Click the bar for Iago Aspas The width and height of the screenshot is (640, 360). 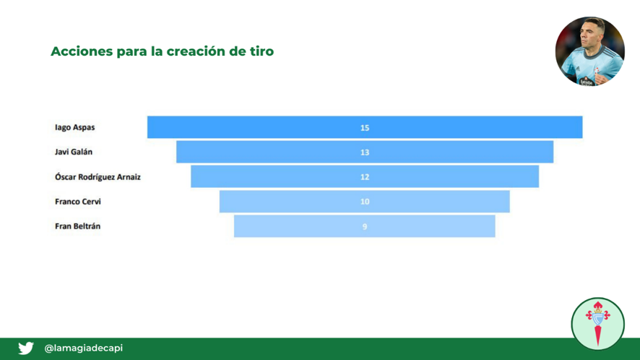click(x=365, y=127)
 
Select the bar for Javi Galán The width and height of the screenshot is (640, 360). click(x=365, y=152)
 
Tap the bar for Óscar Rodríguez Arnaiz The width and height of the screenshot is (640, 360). click(x=365, y=176)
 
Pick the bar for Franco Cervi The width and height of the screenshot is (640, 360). click(x=365, y=202)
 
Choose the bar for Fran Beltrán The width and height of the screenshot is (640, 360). click(x=365, y=226)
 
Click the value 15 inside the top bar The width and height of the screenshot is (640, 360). click(x=365, y=128)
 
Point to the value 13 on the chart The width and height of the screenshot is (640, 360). click(x=365, y=153)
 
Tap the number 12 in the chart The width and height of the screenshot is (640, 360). click(x=365, y=177)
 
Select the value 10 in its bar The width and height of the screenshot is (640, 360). click(x=365, y=202)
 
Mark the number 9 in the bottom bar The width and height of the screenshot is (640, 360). click(x=365, y=226)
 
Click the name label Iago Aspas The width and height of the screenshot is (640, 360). click(x=74, y=127)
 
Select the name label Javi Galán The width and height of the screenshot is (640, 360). click(x=74, y=152)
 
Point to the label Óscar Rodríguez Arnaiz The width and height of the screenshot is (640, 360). click(x=98, y=176)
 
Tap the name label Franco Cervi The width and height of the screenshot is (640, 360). click(x=77, y=202)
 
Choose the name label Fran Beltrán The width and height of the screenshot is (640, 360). click(x=77, y=226)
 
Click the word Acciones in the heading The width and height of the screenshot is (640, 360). click(x=82, y=51)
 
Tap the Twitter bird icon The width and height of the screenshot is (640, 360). click(x=26, y=348)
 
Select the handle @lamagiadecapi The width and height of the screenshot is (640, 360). click(x=83, y=348)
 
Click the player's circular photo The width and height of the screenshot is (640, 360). click(x=589, y=51)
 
